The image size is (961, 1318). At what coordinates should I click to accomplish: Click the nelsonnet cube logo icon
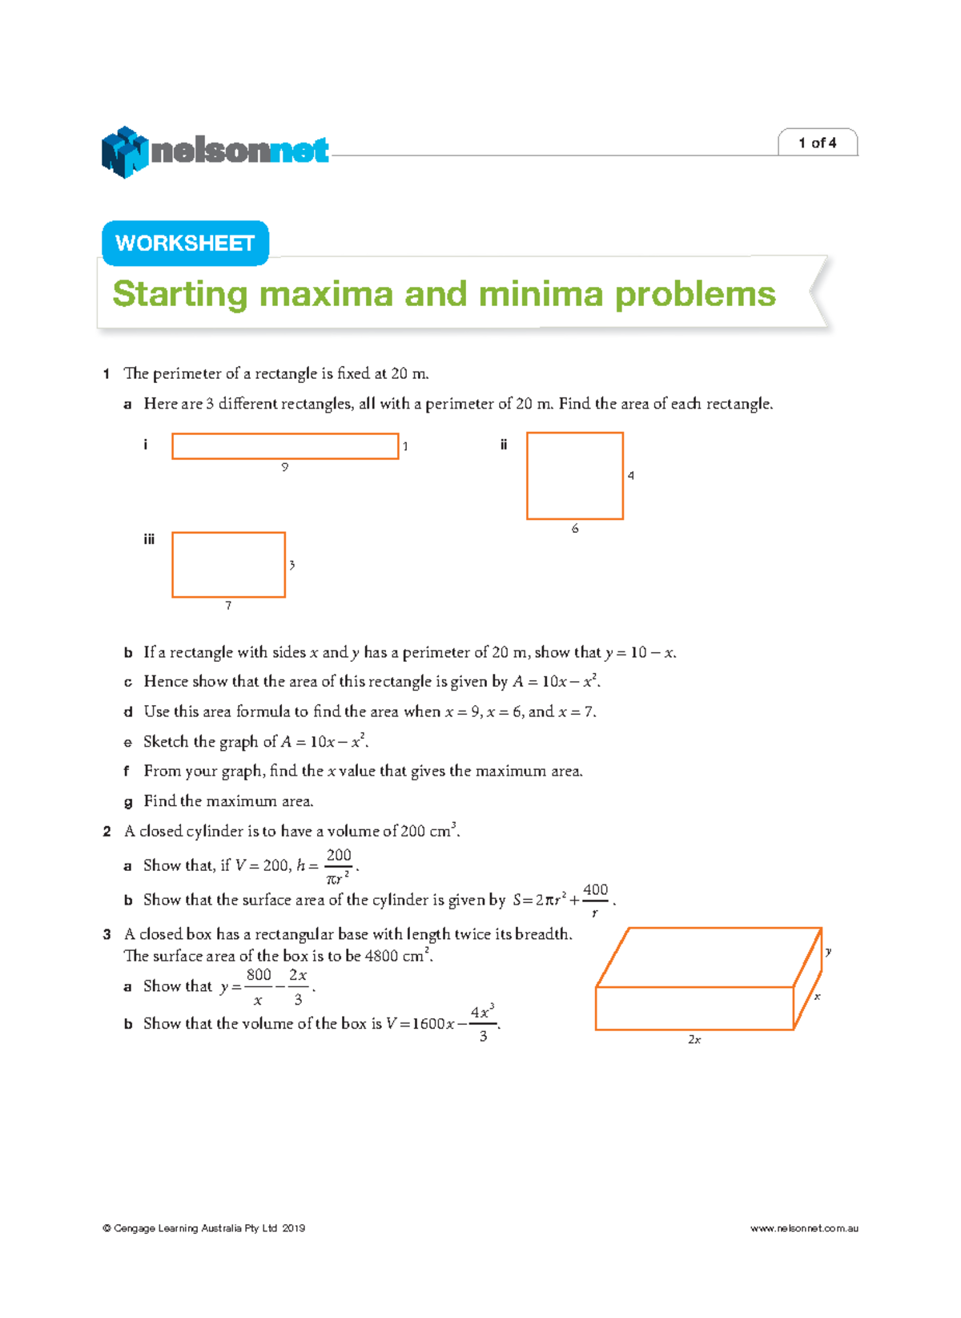pyautogui.click(x=124, y=151)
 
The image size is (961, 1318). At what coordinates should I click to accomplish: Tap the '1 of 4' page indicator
pyautogui.click(x=817, y=143)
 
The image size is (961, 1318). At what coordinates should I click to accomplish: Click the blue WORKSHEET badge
pyautogui.click(x=185, y=243)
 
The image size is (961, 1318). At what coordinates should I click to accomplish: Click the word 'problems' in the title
pyautogui.click(x=694, y=294)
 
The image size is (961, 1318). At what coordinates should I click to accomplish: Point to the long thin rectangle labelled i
pyautogui.click(x=285, y=446)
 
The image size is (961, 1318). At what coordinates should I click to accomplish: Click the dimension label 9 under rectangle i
pyautogui.click(x=284, y=467)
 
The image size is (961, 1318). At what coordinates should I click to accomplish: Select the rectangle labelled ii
pyautogui.click(x=574, y=476)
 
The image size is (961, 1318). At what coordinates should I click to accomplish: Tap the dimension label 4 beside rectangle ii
pyautogui.click(x=631, y=476)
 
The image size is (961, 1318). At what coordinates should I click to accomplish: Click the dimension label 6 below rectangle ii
pyautogui.click(x=575, y=529)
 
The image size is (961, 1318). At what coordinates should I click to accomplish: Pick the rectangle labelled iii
pyautogui.click(x=228, y=565)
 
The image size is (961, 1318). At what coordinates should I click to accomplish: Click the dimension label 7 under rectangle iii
pyautogui.click(x=228, y=606)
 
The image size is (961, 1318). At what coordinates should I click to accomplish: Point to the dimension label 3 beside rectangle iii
pyautogui.click(x=292, y=565)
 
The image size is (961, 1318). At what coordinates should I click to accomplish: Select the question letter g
pyautogui.click(x=127, y=801)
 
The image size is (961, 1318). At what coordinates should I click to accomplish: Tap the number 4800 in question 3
pyautogui.click(x=381, y=956)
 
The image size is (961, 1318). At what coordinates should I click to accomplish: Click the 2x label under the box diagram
pyautogui.click(x=694, y=1040)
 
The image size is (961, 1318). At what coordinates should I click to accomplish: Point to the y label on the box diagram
pyautogui.click(x=828, y=952)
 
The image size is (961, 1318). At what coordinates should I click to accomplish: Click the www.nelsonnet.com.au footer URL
pyautogui.click(x=803, y=1228)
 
